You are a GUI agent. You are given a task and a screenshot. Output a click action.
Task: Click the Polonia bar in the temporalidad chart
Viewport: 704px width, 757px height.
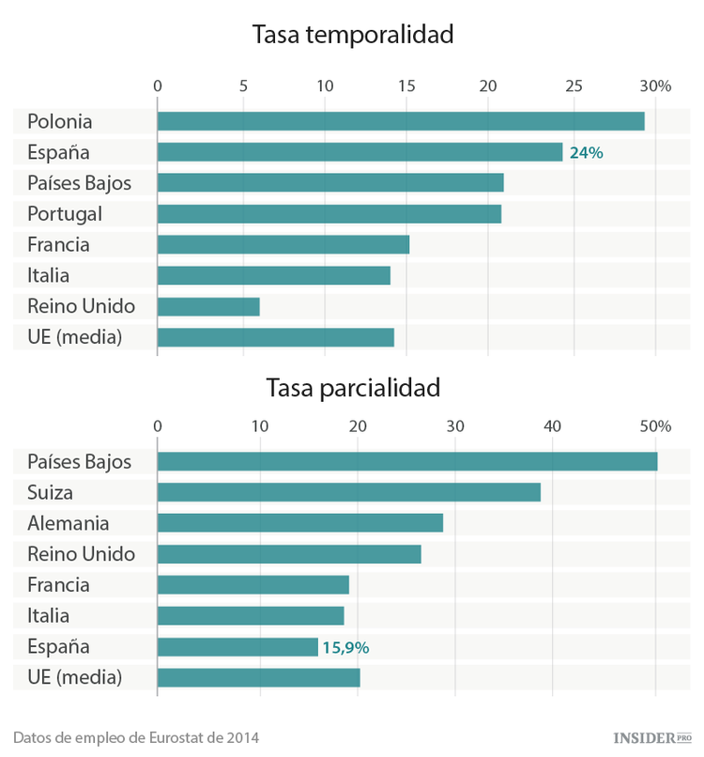click(x=401, y=121)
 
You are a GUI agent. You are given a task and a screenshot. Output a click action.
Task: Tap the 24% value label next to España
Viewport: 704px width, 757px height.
click(x=586, y=152)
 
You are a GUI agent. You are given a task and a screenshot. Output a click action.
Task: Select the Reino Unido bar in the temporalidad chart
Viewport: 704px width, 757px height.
click(x=208, y=307)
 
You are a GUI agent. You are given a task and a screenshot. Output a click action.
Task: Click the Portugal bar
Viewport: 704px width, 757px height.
click(x=329, y=214)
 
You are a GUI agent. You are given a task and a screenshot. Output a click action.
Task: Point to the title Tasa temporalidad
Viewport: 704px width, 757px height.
click(x=353, y=36)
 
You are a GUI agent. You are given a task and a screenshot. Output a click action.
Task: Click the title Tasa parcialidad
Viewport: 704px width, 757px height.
click(x=353, y=387)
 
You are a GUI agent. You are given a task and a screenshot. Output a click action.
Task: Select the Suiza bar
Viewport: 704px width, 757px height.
click(x=349, y=492)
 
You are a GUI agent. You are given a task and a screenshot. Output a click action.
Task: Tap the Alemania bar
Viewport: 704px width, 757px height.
click(x=300, y=523)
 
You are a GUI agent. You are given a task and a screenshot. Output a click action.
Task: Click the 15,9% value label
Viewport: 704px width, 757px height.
click(x=345, y=647)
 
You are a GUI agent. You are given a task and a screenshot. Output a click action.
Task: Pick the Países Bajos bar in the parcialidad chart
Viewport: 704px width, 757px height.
click(x=407, y=461)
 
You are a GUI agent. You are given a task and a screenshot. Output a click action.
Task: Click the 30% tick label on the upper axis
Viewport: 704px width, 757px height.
click(x=655, y=86)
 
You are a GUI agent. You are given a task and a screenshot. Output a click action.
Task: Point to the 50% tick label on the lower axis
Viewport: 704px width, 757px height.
click(x=655, y=426)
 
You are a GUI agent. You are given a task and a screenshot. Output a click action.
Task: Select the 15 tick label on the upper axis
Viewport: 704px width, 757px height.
click(x=406, y=86)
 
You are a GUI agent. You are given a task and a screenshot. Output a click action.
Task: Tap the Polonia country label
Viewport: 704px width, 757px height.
click(x=60, y=121)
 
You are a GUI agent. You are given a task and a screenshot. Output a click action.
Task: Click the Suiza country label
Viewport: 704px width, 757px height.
click(x=51, y=492)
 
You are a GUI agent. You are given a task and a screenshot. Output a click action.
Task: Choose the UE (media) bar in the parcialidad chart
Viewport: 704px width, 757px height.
click(x=259, y=678)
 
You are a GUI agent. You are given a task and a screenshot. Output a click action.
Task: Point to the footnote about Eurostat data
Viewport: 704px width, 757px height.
click(x=135, y=736)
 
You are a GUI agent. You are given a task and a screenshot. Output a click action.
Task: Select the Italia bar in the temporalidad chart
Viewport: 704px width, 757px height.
click(x=274, y=276)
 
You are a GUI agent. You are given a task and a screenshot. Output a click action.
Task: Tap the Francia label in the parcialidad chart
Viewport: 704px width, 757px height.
click(x=58, y=585)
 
